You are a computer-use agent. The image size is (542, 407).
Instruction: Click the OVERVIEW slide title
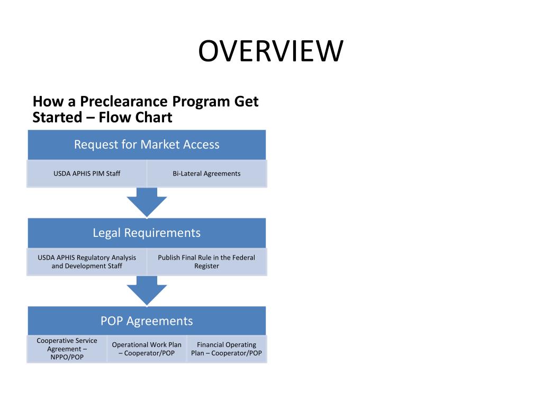tap(271, 51)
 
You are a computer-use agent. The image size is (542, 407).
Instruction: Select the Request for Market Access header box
tap(147, 145)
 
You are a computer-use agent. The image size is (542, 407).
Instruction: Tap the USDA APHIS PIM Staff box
tap(87, 173)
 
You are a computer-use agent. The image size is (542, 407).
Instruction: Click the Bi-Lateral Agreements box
tap(206, 173)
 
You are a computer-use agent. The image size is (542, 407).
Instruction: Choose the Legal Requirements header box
tap(147, 233)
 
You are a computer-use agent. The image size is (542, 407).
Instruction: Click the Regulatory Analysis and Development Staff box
tap(87, 262)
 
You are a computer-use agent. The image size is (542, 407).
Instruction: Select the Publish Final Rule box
tap(206, 262)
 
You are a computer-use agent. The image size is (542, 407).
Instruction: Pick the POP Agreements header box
tap(147, 321)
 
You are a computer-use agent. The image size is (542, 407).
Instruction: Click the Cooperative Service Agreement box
tap(67, 349)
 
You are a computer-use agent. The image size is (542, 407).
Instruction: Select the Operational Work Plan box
tap(147, 349)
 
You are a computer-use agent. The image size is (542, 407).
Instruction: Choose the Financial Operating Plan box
tap(227, 349)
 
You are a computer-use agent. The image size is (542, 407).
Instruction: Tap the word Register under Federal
tap(206, 266)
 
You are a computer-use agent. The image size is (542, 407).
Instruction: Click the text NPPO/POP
tap(67, 357)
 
